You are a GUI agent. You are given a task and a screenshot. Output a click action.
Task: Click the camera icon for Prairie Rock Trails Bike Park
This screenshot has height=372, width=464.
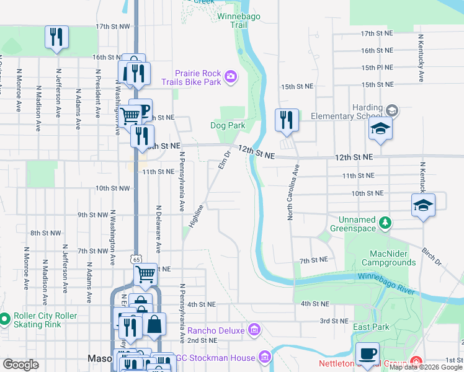(x=231, y=76)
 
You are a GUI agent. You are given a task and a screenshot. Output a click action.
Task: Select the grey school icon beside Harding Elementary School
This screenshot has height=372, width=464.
(x=391, y=110)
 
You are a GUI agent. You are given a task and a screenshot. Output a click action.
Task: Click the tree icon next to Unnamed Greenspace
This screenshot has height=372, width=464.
(x=385, y=221)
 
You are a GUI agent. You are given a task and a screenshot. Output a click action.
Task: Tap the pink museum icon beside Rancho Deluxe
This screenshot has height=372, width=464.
(x=254, y=329)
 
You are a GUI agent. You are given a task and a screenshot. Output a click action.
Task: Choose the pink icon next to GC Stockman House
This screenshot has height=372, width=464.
(x=265, y=357)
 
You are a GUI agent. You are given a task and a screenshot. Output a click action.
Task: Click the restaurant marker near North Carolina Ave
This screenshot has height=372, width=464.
(x=286, y=120)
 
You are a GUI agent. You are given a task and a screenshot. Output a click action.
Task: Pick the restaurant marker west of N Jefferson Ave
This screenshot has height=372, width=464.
(x=56, y=37)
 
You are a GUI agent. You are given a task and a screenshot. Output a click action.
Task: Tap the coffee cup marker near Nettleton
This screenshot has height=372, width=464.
(x=367, y=353)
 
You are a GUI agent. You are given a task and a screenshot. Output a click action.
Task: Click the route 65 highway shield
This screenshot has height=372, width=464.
(x=136, y=257)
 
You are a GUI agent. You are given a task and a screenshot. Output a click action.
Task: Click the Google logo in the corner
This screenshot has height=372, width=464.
(x=20, y=365)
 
